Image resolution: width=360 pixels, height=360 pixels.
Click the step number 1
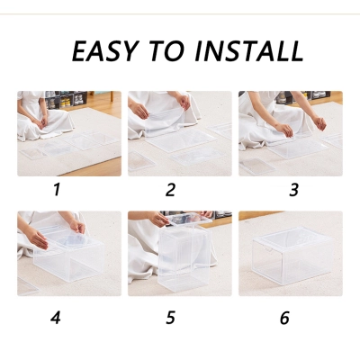click(57, 190)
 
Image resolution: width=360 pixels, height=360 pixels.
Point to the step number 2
click(170, 190)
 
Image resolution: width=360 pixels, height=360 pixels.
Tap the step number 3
click(293, 190)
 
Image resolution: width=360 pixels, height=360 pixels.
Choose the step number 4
click(56, 317)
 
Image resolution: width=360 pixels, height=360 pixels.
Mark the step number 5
click(170, 317)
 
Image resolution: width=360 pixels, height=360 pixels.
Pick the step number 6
click(285, 317)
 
